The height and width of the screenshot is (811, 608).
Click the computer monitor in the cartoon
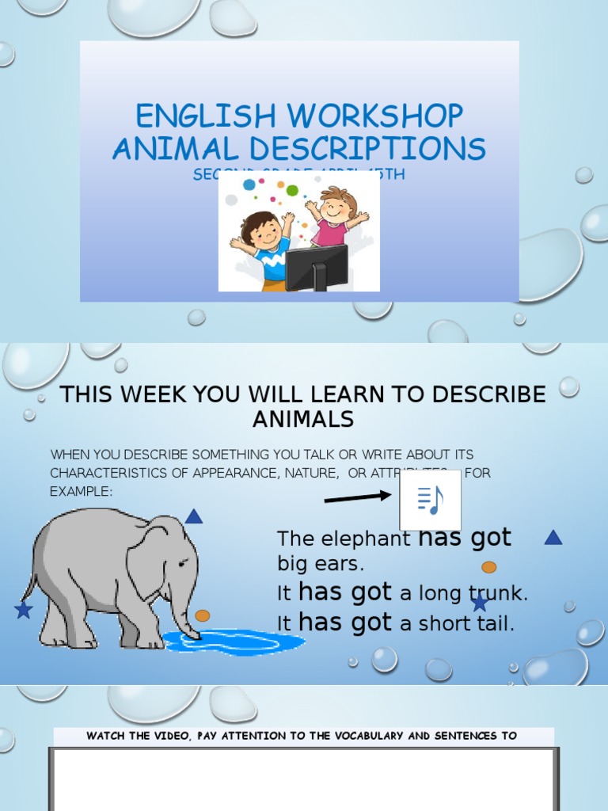click(316, 267)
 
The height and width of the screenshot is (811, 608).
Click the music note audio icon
click(430, 500)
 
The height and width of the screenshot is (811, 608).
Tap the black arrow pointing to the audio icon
click(358, 497)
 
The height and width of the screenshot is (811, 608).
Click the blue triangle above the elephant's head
click(194, 517)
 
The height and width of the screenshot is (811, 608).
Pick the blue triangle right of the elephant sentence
click(553, 538)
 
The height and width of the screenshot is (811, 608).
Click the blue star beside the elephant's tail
click(23, 610)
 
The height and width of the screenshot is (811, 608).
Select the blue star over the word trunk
click(480, 603)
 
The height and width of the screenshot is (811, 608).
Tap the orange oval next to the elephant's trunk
click(203, 615)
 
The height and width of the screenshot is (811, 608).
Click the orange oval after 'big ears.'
click(489, 567)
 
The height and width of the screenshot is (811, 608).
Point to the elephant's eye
click(183, 563)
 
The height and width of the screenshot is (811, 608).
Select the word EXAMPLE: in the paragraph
click(82, 491)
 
